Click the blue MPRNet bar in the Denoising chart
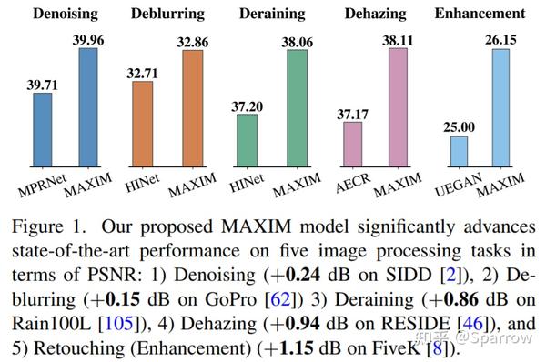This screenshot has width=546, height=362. (43, 129)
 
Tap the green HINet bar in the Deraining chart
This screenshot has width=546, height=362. (246, 140)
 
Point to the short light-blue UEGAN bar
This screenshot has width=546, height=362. (459, 151)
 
